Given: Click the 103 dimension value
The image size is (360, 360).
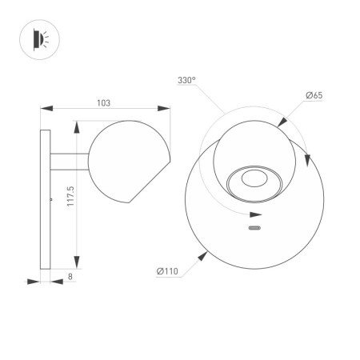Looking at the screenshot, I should click(102, 102).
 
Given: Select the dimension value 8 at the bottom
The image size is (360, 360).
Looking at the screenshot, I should click(70, 276).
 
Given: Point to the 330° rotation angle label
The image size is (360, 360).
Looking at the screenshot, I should click(187, 81).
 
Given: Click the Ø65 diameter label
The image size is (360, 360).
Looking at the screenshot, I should click(314, 96).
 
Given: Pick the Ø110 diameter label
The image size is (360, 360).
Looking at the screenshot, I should click(167, 272).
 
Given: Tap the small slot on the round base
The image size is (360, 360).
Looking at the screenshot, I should click(255, 230).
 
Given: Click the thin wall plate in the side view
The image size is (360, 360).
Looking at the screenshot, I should click(45, 198).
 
